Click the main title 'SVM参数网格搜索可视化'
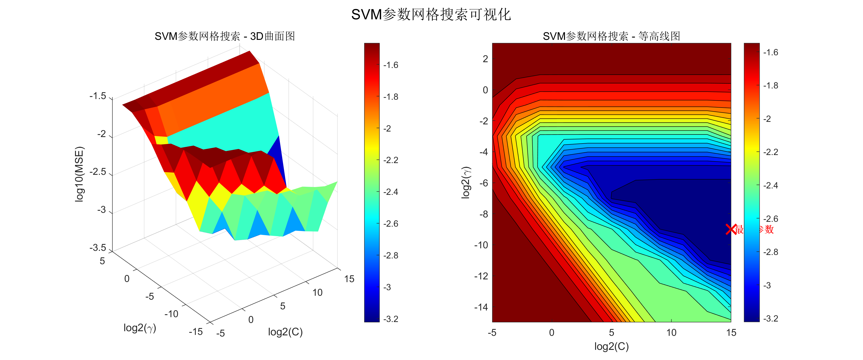coord(431,15)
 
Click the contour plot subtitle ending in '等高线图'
coord(611,36)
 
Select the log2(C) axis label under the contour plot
coord(611,346)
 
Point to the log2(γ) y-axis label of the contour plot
coord(466,182)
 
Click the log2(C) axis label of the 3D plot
coord(285,332)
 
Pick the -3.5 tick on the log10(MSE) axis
coord(98,248)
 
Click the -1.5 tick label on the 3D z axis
coord(98,96)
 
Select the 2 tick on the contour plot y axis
coord(485,59)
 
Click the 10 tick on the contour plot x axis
coord(671,333)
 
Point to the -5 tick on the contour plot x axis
coord(492,333)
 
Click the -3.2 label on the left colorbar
coord(391,319)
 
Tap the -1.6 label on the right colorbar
coord(770,52)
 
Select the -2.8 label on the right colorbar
coord(770,252)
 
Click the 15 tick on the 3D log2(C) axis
coord(349,279)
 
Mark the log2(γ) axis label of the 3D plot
coord(140,328)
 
